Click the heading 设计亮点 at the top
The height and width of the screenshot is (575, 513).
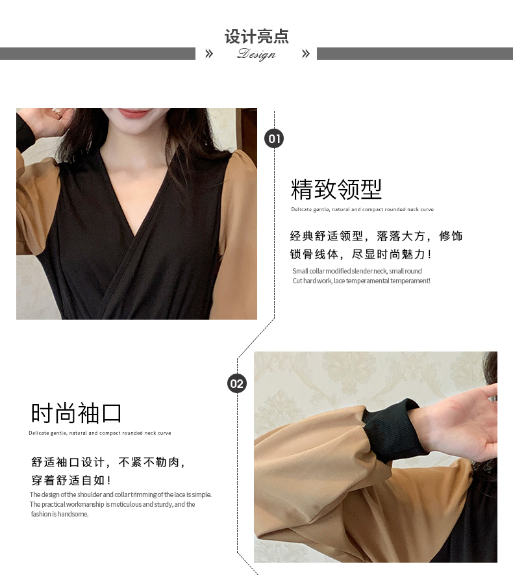(256, 36)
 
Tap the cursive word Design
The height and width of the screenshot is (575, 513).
(256, 54)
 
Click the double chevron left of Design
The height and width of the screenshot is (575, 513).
(209, 54)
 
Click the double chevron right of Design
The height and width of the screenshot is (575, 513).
(306, 54)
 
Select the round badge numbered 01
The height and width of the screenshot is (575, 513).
(274, 138)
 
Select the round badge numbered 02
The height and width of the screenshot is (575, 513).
(237, 383)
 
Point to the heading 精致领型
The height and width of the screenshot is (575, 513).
(336, 189)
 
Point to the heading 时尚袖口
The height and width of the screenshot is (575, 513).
(76, 413)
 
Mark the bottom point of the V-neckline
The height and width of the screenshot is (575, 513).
(135, 236)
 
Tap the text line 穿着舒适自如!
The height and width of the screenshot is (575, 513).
(71, 480)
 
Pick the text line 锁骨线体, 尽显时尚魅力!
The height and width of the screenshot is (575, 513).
(361, 254)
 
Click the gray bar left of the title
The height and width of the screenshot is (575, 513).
(97, 53)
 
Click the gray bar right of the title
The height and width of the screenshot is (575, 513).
(415, 53)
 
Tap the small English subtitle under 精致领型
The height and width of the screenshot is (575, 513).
(362, 209)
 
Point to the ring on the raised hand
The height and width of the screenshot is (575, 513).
(56, 110)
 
